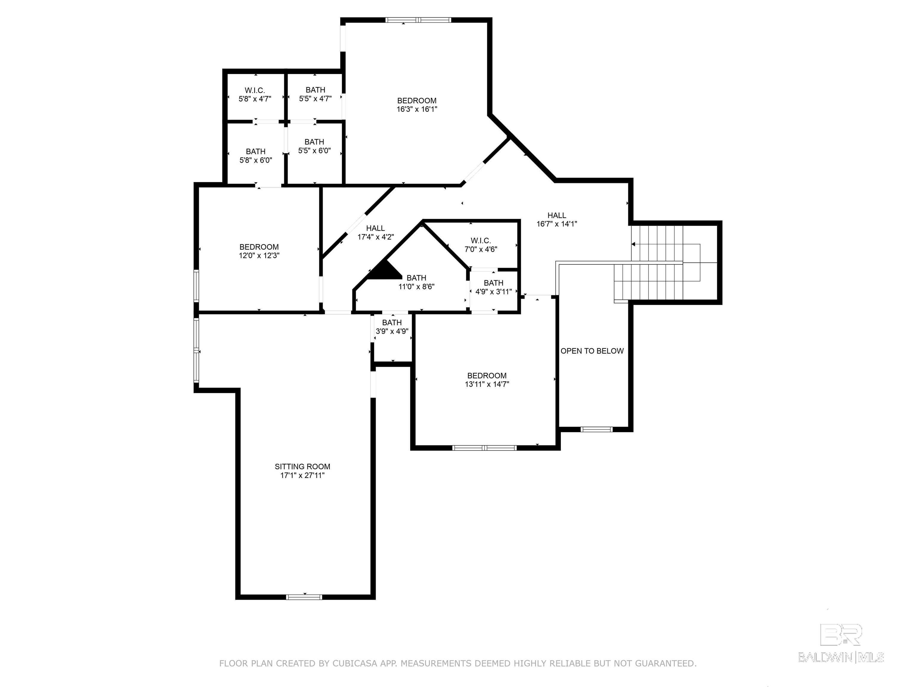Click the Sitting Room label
[x=302, y=466]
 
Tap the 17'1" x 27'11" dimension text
[x=302, y=475]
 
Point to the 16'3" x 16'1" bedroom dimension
[x=417, y=109]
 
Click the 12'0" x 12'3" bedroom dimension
[x=259, y=256]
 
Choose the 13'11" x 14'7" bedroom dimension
[x=487, y=384]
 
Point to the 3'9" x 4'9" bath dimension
[x=392, y=331]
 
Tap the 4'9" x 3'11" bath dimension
[x=493, y=292]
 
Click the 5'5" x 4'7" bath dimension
[x=315, y=99]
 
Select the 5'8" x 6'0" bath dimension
[x=256, y=160]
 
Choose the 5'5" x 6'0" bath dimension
[x=314, y=151]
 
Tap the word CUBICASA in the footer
[x=355, y=663]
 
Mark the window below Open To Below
[x=596, y=429]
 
